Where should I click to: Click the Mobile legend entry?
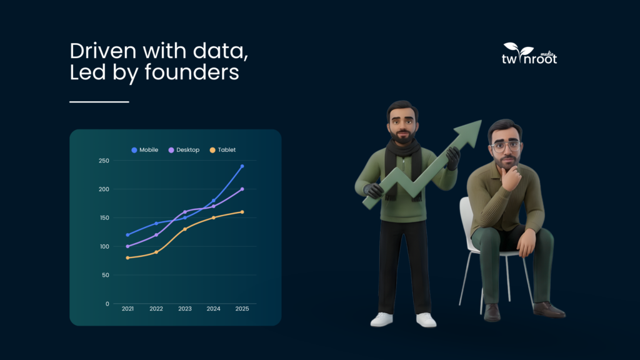(144, 150)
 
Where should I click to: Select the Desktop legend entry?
(184, 150)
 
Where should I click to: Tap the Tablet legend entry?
(222, 150)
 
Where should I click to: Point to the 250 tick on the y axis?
(104, 161)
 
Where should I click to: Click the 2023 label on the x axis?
(185, 309)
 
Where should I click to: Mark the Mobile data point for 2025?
(242, 166)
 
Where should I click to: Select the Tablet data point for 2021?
(127, 258)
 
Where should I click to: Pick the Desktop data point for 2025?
(242, 189)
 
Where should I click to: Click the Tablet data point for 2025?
(242, 212)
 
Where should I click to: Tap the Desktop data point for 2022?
(156, 235)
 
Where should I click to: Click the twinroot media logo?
(529, 54)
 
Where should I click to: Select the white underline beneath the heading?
(99, 102)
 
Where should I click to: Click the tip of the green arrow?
(481, 121)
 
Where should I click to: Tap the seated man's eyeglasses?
(506, 146)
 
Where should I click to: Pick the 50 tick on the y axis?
(105, 275)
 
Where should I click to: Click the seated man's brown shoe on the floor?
(549, 309)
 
